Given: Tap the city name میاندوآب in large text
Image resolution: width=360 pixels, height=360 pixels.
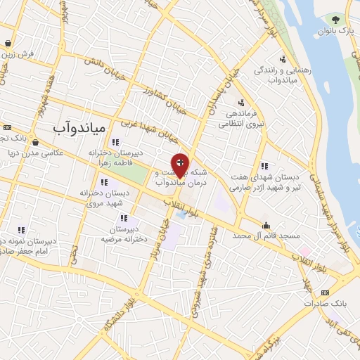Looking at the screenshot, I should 79,127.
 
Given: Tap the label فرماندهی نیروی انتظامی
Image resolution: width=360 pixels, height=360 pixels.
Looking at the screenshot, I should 241,118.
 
